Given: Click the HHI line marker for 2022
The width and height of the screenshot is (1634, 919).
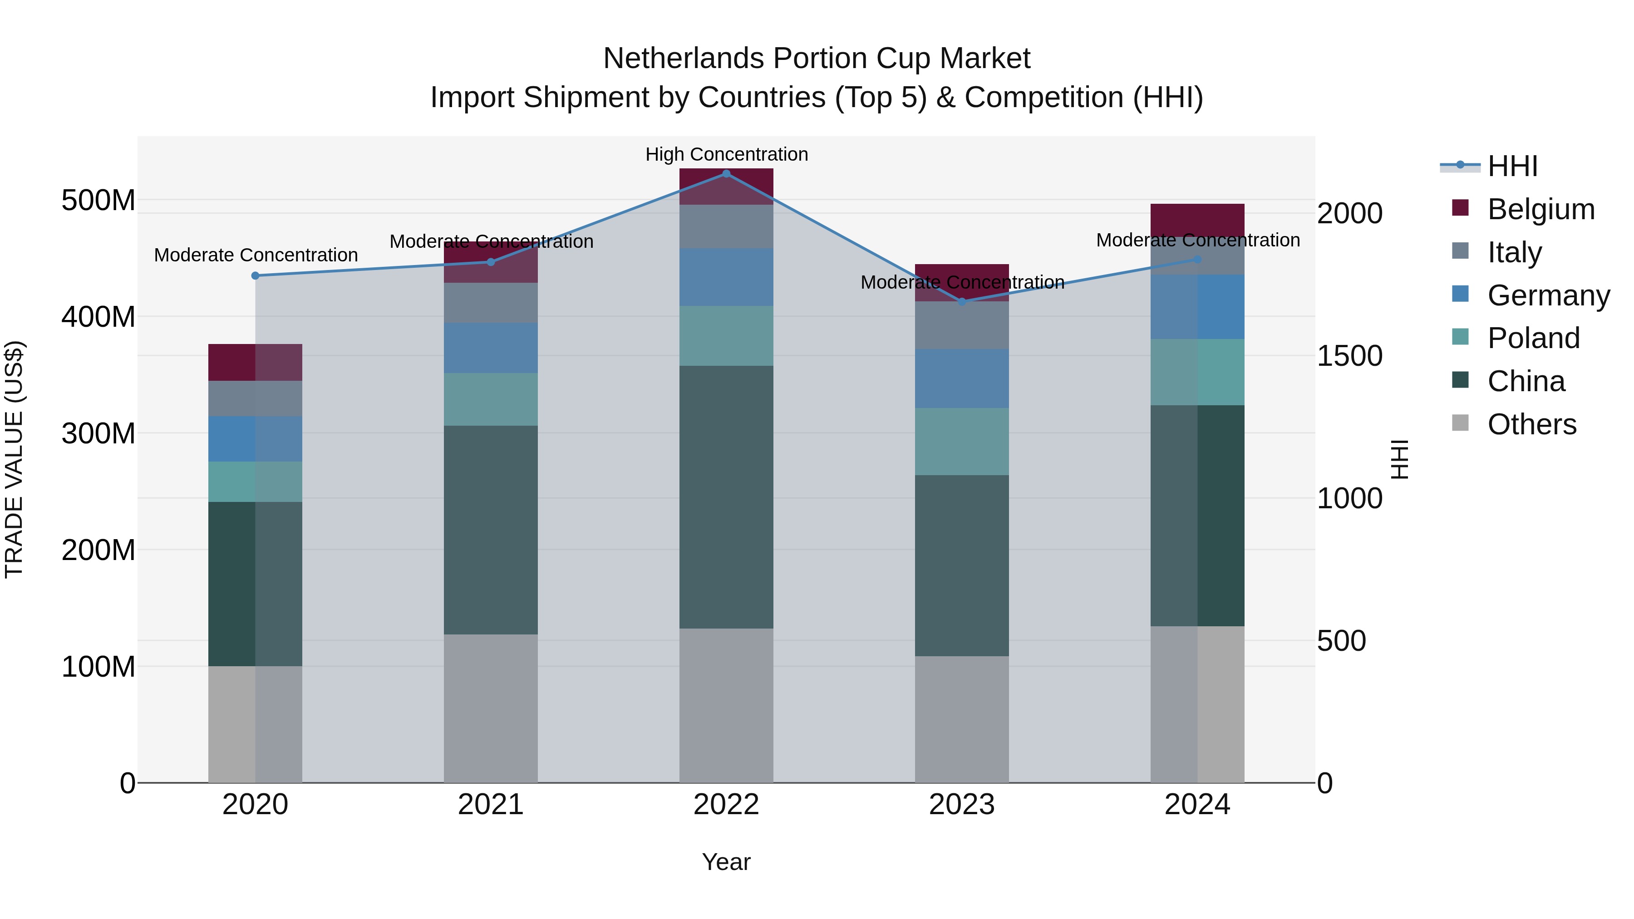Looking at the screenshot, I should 726,173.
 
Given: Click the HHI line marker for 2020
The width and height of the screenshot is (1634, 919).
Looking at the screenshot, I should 255,275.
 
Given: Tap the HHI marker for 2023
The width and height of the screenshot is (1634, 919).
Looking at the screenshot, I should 962,301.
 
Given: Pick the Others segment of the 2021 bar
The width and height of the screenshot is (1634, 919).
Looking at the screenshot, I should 490,708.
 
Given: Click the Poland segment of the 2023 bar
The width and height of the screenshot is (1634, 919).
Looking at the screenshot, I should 962,442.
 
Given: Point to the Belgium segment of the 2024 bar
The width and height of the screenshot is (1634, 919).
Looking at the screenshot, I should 1197,219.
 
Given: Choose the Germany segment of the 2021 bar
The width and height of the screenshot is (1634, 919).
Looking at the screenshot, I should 490,348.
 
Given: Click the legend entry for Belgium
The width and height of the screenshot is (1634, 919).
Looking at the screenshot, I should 1540,209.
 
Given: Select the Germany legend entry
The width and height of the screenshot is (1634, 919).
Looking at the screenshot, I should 1548,295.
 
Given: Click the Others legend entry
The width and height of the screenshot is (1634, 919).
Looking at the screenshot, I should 1531,424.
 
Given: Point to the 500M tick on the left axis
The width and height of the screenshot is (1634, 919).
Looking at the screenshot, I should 98,201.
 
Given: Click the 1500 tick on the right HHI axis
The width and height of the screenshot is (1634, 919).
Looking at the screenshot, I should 1349,356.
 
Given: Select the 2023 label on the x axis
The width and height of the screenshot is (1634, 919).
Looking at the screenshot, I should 962,805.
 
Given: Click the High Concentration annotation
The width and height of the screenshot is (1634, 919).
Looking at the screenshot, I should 726,154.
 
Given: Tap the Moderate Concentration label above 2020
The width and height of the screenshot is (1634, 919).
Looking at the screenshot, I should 256,255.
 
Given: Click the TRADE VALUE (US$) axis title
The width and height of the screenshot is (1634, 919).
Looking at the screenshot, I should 14,459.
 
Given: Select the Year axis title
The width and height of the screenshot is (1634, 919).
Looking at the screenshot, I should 726,862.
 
